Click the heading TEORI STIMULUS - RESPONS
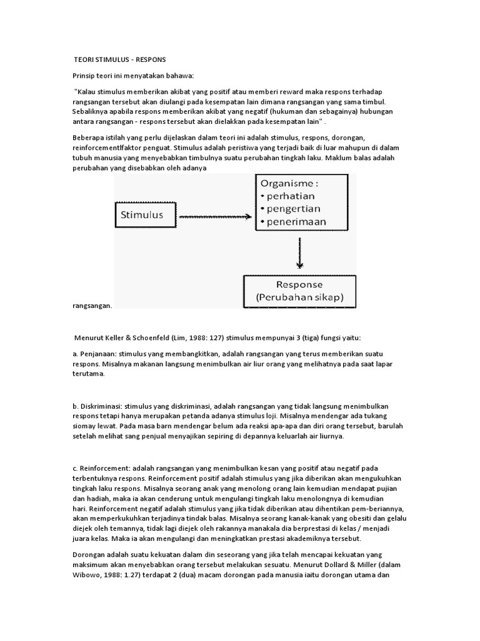tap(119, 59)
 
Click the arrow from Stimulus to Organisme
tap(216, 217)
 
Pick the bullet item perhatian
tap(294, 198)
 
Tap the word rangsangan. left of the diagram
tap(92, 306)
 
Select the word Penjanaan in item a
tap(97, 354)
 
